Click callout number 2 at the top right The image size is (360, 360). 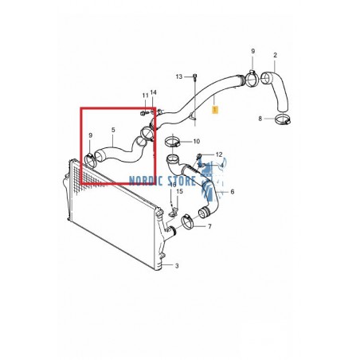275,55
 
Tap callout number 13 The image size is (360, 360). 180,76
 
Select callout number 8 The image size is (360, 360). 260,119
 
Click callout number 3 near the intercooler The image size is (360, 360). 176,265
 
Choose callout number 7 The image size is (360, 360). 232,192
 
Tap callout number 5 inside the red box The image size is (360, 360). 112,129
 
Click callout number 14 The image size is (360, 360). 154,93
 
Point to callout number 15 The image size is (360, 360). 180,192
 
